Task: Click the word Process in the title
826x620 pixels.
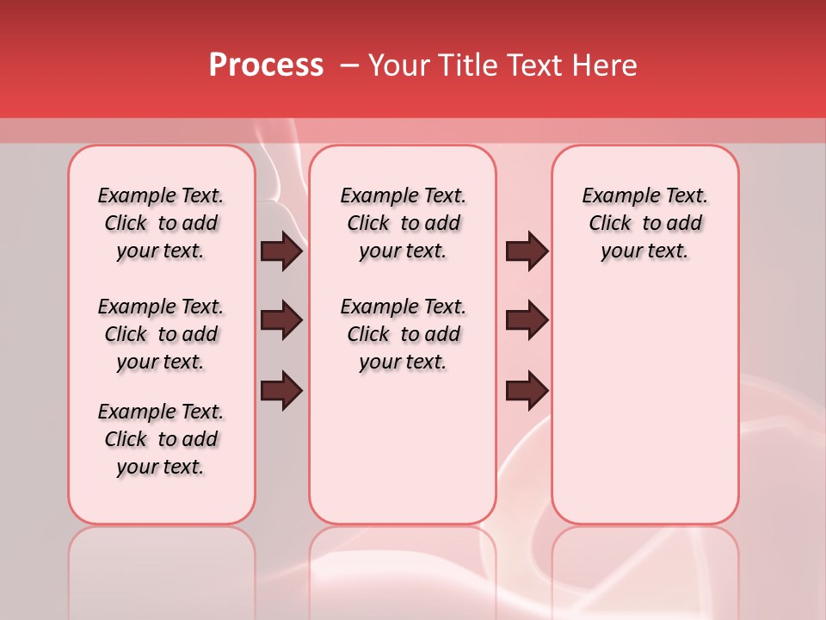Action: (x=266, y=65)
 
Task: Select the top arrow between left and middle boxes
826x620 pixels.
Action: (x=281, y=251)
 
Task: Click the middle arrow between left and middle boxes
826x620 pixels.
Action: (x=281, y=321)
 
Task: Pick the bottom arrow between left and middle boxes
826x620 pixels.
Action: (x=281, y=391)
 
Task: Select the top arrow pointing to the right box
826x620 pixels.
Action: (x=527, y=251)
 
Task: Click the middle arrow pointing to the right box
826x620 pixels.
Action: (x=527, y=321)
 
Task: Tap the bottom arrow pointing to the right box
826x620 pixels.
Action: (x=527, y=391)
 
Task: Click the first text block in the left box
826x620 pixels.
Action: (x=161, y=223)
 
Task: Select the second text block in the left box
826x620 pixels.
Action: (x=161, y=334)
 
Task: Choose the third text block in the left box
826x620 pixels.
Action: (x=161, y=439)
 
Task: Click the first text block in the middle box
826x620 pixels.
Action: (x=403, y=223)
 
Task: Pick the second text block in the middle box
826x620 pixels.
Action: (x=403, y=334)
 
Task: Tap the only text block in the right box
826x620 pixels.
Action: (x=644, y=223)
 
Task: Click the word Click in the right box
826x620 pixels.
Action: (x=610, y=224)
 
